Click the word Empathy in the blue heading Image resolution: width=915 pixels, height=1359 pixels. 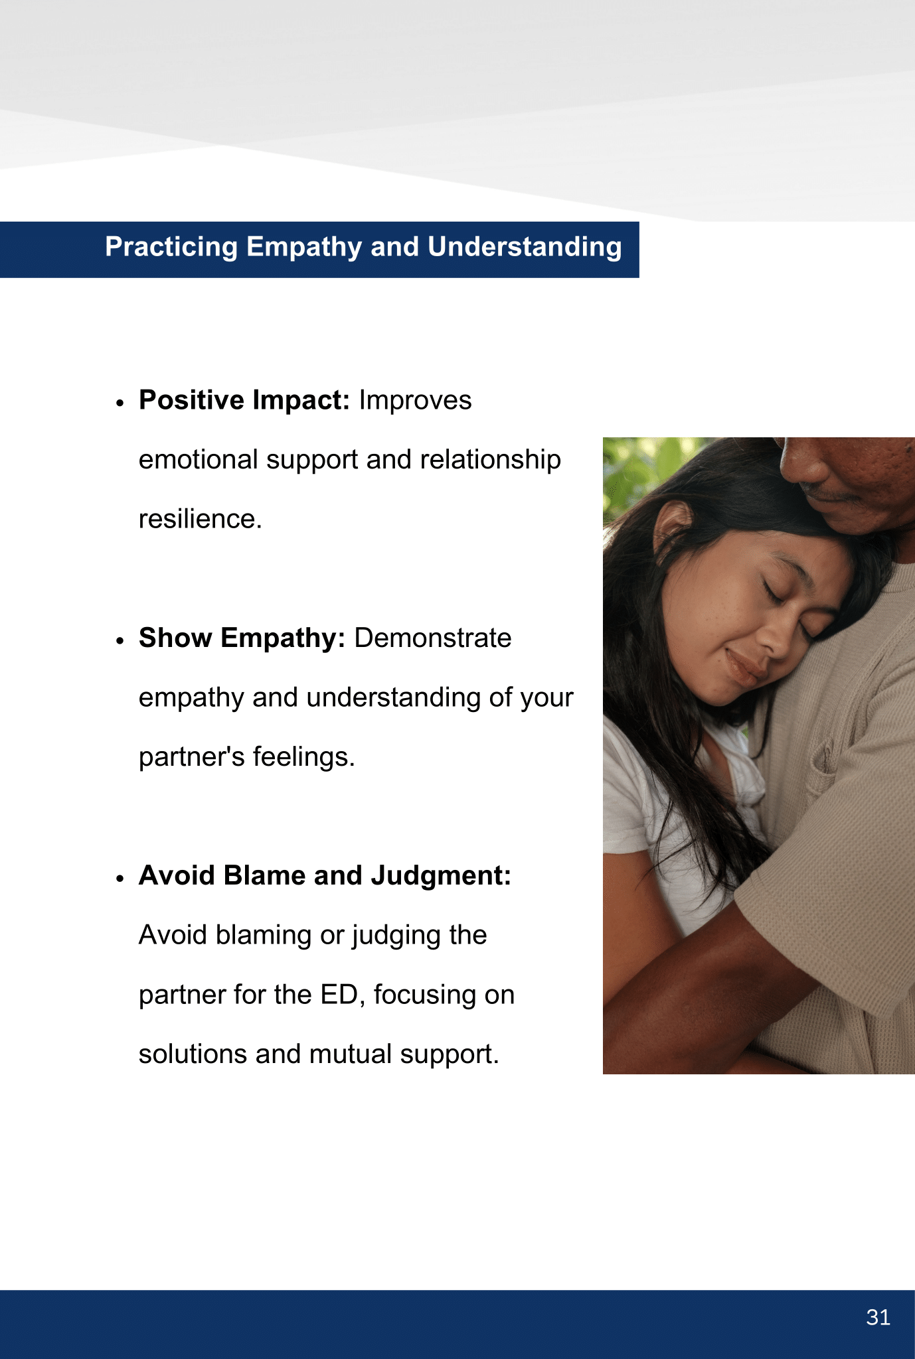[x=305, y=248]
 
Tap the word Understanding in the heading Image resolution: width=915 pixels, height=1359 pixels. [x=525, y=248]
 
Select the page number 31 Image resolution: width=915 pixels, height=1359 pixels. [x=878, y=1317]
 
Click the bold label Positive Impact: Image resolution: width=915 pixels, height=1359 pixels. [x=244, y=400]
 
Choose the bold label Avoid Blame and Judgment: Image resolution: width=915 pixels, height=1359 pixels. [x=325, y=876]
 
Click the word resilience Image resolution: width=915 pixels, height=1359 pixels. [x=201, y=519]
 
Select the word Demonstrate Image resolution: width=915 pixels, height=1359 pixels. [x=433, y=638]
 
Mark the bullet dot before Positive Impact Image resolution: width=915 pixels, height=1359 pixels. [x=120, y=403]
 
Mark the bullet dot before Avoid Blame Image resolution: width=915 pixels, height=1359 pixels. [x=120, y=879]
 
